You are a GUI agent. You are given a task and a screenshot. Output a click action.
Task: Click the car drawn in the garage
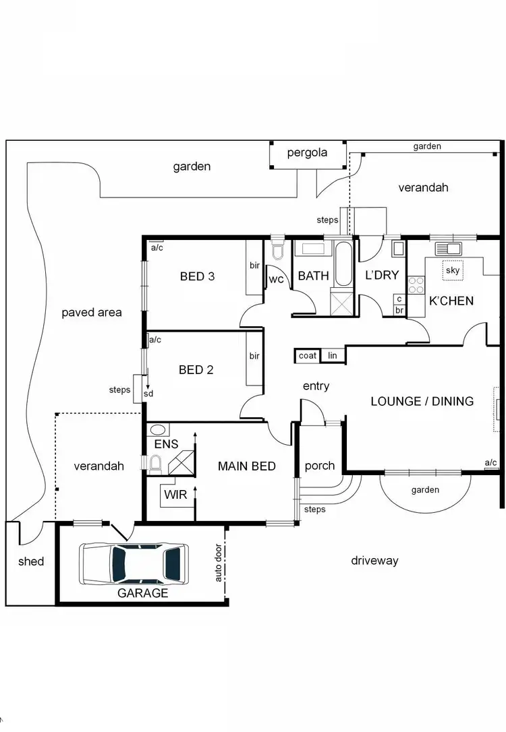pos(133,563)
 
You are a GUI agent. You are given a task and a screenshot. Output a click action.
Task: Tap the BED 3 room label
pos(197,276)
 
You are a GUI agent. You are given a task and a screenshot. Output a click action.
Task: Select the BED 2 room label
pos(196,369)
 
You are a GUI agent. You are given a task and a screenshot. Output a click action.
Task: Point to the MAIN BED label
pos(246,466)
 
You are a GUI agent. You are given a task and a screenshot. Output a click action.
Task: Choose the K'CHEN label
pos(451,301)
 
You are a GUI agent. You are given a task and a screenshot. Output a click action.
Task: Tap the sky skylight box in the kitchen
pos(452,270)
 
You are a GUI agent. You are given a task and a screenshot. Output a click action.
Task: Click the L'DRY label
pos(382,276)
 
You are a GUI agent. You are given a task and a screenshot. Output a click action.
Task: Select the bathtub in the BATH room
pos(343,264)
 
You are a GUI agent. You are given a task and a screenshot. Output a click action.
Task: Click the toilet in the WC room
pos(277,252)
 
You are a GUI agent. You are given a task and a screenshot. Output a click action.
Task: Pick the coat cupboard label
pos(308,356)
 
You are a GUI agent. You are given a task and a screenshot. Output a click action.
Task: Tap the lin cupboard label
pos(332,356)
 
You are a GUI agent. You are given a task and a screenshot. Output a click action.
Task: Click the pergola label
pos(307,152)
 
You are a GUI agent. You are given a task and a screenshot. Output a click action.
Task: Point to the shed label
pos(31,561)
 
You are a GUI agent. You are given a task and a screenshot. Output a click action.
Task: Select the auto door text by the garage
pos(219,563)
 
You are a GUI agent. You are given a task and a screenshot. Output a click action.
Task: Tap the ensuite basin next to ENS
pos(158,429)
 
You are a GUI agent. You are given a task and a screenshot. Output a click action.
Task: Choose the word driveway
pos(374,561)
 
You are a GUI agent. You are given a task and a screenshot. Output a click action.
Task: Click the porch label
pos(319,466)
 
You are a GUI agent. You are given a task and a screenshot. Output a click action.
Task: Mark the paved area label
pos(92,312)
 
